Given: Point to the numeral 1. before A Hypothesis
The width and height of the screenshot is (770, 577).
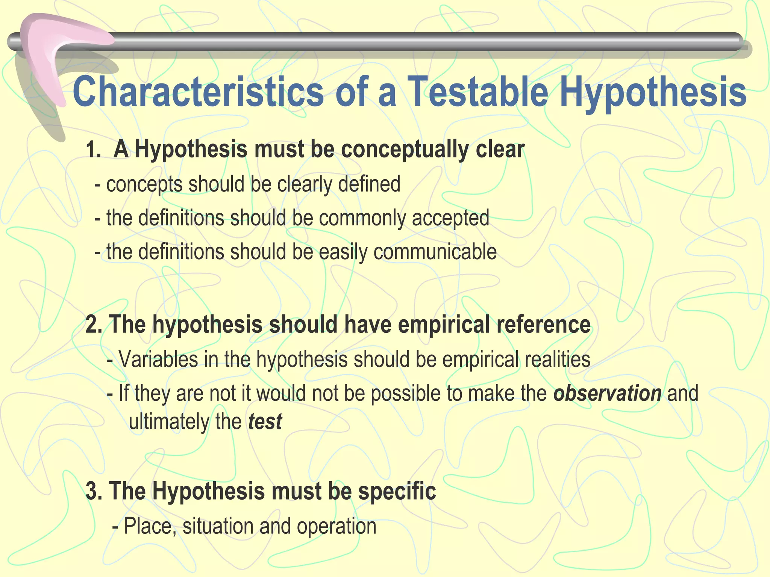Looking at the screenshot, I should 93,150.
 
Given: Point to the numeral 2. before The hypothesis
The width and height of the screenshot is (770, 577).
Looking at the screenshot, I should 94,325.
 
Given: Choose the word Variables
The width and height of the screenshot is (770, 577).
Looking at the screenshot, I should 158,359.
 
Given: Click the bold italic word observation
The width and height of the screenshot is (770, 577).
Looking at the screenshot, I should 607,394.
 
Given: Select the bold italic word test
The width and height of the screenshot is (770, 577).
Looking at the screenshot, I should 265,422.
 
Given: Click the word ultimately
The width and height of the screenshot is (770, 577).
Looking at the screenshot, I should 169,422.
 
